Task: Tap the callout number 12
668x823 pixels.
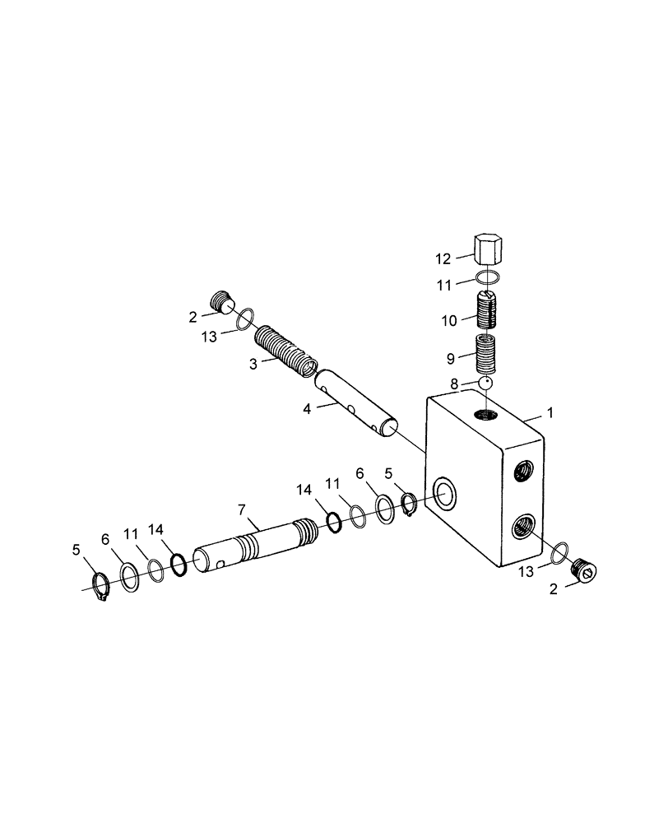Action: [444, 259]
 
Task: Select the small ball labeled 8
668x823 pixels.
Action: [486, 383]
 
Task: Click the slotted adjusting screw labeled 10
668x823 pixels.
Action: [489, 312]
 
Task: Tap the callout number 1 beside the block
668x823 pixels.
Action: [550, 411]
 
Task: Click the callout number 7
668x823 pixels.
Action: [243, 510]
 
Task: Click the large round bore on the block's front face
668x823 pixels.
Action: [445, 494]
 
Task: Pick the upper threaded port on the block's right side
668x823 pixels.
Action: [522, 471]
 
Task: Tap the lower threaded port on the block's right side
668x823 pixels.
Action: [522, 524]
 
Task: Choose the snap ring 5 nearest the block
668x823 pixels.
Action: [410, 503]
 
